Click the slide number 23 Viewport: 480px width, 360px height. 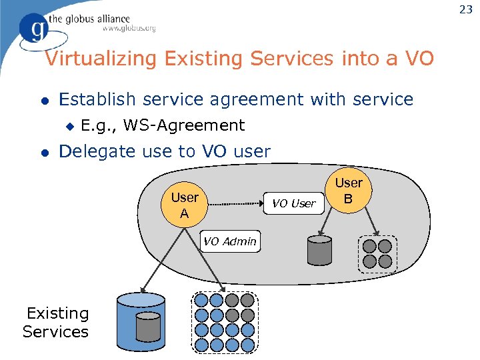(x=465, y=10)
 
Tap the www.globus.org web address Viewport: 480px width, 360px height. (x=129, y=29)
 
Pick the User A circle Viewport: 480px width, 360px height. (x=185, y=205)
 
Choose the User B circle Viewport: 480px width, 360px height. (x=348, y=191)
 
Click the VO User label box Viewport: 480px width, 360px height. (x=294, y=203)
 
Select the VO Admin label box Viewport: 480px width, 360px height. (x=229, y=241)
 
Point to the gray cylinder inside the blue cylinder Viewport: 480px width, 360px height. (x=147, y=327)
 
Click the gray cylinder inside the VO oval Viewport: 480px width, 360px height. (x=319, y=249)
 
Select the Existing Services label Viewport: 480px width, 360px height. (x=56, y=322)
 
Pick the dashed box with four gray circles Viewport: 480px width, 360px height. (x=377, y=254)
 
